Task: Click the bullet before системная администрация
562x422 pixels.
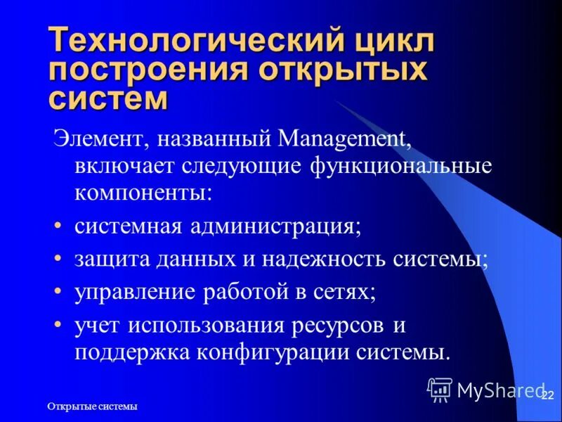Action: [59, 227]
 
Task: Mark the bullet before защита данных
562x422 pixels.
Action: [59, 260]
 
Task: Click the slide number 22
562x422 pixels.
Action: [548, 397]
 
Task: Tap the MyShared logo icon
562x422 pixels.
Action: [440, 389]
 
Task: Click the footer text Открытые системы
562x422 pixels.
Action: [92, 407]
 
